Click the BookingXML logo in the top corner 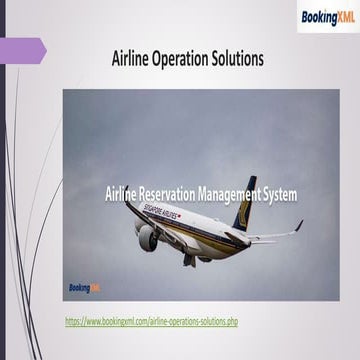(x=326, y=16)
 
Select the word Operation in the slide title (x=187, y=59)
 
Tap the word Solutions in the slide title (x=241, y=59)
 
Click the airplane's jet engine (x=148, y=237)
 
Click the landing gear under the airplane (x=189, y=259)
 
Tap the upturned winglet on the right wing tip (x=298, y=227)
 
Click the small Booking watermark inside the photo (x=84, y=287)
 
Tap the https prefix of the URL (x=74, y=322)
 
